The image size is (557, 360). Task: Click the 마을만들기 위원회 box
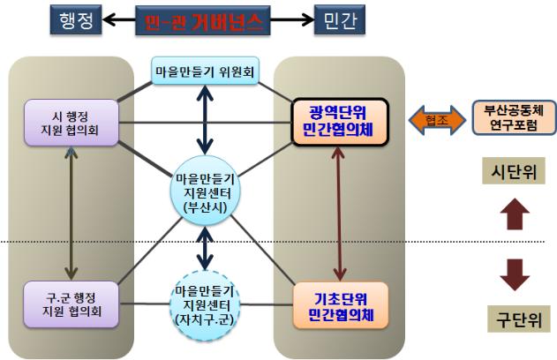coord(205,71)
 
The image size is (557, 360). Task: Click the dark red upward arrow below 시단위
coord(515,214)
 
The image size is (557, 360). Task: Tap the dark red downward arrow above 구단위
coord(515,274)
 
